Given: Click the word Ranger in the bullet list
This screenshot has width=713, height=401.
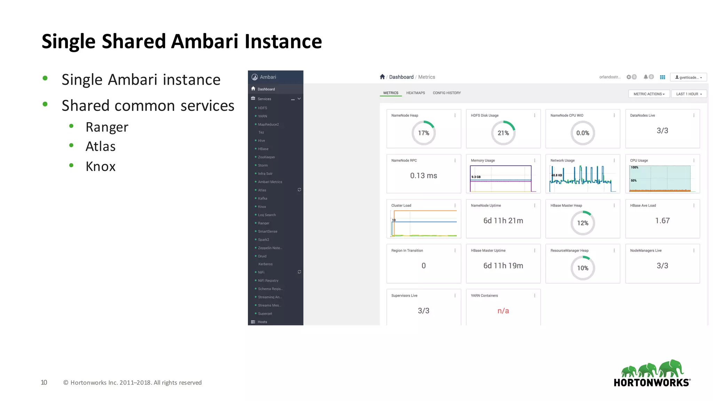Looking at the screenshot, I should pos(107,127).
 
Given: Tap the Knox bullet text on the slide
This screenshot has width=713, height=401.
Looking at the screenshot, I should pos(100,166).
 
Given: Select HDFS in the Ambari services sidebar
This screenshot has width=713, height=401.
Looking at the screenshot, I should pos(263,108).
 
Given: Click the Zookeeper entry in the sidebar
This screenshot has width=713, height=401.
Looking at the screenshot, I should pos(266,157).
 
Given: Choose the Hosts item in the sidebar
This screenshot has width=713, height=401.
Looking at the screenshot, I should pos(262,322).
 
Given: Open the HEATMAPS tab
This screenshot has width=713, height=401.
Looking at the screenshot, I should pos(415,93).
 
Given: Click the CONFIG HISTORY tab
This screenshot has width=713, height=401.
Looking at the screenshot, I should pos(447,93).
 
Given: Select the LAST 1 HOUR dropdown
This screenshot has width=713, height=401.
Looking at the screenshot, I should pos(689,94).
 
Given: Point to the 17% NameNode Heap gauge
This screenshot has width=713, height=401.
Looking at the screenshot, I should pos(423,133).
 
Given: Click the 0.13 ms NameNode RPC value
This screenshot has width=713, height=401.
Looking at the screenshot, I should pos(423,176).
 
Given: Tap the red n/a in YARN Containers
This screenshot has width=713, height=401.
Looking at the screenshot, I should pos(503,311).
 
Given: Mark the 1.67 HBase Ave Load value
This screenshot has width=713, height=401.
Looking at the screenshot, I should pos(662,221).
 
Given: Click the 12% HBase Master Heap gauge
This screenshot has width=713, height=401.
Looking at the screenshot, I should pos(582,223).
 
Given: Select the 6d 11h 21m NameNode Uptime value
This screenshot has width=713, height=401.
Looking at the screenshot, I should pos(503,221).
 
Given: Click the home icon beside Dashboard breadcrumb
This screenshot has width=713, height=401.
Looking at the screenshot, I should pos(382,77).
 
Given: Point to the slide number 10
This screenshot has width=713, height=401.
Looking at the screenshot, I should pos(44,383).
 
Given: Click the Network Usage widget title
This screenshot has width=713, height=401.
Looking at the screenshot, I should pos(562,160).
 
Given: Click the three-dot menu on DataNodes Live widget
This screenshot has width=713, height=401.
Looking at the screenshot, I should pos(694,116).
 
